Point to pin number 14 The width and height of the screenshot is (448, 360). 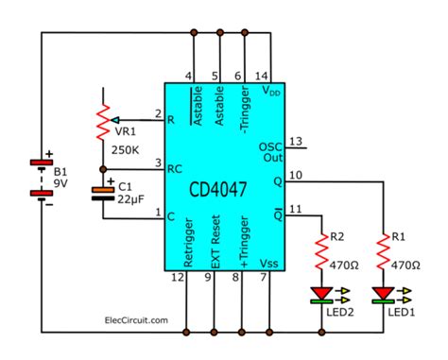pyautogui.click(x=265, y=77)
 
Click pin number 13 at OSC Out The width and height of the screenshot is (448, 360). pyautogui.click(x=296, y=142)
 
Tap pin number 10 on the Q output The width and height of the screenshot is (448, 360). pyautogui.click(x=296, y=174)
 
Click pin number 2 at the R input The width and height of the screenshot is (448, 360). pyautogui.click(x=158, y=113)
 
